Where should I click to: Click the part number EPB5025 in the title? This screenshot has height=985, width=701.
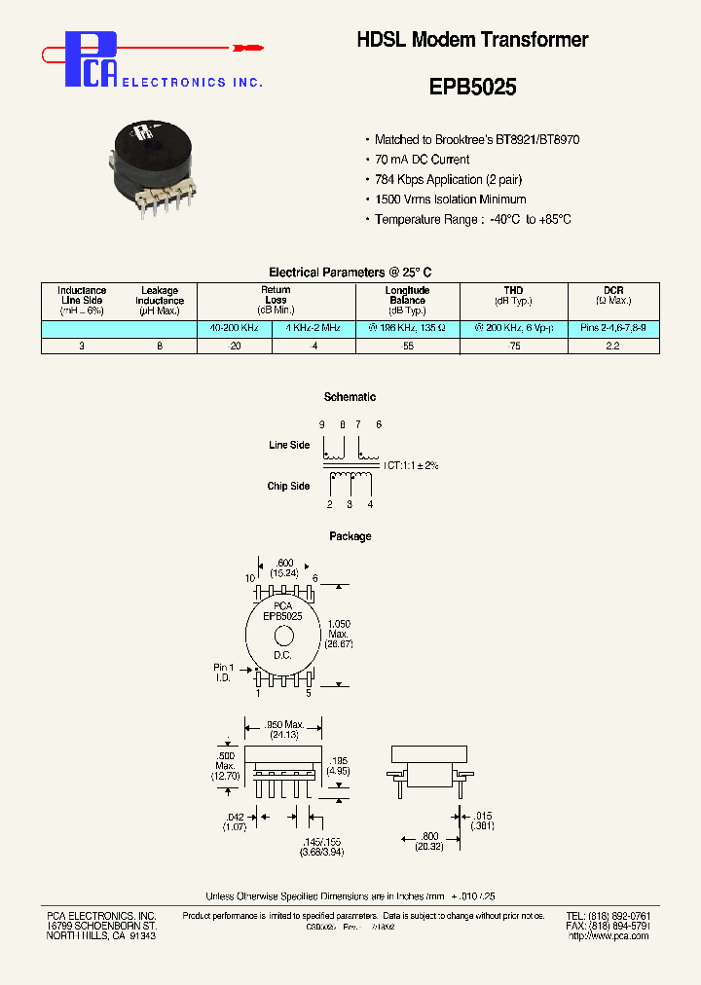[472, 87]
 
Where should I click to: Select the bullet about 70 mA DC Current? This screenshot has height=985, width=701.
[422, 160]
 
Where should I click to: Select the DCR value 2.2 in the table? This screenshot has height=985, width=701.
[612, 347]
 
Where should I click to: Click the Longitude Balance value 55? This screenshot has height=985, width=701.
[407, 347]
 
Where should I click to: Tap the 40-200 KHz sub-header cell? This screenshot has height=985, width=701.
[234, 329]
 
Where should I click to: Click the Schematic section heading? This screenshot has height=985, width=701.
[350, 397]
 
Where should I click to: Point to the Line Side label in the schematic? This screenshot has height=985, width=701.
[289, 445]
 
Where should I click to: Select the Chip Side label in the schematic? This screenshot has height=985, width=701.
[289, 486]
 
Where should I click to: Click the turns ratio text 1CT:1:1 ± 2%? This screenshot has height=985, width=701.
[411, 466]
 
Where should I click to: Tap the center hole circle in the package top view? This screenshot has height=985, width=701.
[283, 637]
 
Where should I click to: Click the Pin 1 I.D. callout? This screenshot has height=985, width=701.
[223, 672]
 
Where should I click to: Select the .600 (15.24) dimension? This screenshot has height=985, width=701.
[283, 568]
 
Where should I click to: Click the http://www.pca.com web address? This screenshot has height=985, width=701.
[609, 935]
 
